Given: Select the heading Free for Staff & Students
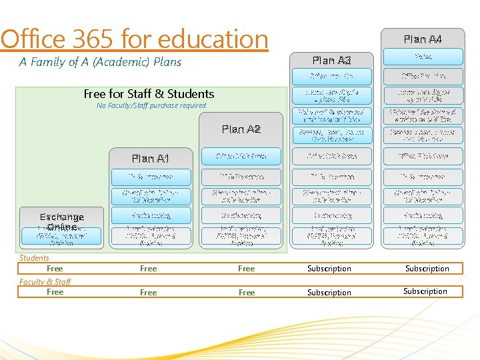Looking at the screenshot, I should coord(149,94).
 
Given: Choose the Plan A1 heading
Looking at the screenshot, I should coord(151,158).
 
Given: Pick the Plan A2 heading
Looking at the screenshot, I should coord(241,129).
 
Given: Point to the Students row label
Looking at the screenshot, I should coord(34,258).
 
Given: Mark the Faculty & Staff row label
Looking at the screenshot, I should coord(45,281).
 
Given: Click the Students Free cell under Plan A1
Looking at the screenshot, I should coord(149,269).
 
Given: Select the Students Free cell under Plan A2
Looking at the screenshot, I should coord(247,269).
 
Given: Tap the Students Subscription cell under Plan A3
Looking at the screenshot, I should coord(329,269).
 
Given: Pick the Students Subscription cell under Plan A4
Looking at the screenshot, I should coord(427,269).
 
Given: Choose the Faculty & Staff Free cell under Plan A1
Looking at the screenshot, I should coord(149,292).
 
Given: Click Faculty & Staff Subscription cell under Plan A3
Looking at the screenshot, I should coord(329,292).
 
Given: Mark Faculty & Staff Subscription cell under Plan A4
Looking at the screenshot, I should coord(425,291).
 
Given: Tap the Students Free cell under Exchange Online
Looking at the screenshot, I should coord(55,269).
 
